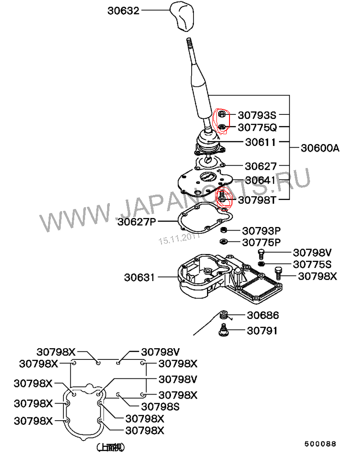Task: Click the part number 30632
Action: [123, 10]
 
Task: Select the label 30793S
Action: [256, 115]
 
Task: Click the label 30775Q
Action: [257, 128]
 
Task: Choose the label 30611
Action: [261, 142]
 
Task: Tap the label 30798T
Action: [257, 200]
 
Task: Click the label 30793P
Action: [261, 231]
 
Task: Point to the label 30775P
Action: [261, 242]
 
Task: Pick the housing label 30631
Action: [139, 277]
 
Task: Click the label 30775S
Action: [312, 264]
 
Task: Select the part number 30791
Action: [262, 331]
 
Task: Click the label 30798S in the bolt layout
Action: [161, 407]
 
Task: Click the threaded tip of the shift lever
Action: [189, 44]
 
